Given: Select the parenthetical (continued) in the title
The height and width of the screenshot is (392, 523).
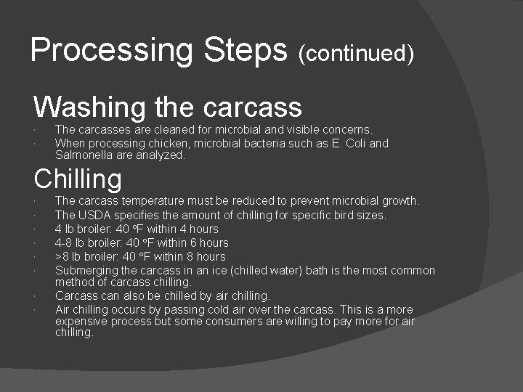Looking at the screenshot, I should click(356, 53).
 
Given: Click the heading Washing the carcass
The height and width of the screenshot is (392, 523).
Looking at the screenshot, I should click(167, 107).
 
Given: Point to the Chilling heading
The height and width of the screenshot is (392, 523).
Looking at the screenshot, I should click(78, 178).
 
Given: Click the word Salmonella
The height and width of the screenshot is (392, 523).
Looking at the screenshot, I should click(83, 155).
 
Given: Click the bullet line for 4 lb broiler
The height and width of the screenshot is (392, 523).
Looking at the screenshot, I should click(137, 229).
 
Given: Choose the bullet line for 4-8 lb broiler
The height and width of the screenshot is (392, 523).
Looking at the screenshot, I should click(142, 242).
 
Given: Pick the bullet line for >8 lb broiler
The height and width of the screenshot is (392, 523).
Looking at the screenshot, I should click(140, 256).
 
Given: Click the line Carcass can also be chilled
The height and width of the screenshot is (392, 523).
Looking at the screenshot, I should click(162, 295).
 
